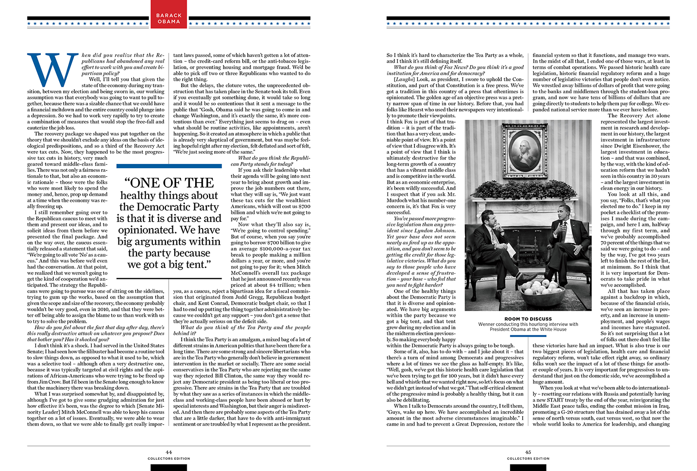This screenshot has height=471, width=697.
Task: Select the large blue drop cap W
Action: pyautogui.click(x=52, y=70)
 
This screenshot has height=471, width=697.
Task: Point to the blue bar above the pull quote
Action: pyautogui.click(x=169, y=166)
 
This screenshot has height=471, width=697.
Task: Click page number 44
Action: pyautogui.click(x=169, y=452)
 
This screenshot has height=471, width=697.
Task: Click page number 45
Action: pyautogui.click(x=528, y=452)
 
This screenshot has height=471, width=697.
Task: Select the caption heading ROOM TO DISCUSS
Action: pyautogui.click(x=528, y=319)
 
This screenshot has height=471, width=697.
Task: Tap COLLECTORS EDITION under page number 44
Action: pyautogui.click(x=169, y=458)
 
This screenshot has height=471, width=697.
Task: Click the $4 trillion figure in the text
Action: pyautogui.click(x=279, y=285)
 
